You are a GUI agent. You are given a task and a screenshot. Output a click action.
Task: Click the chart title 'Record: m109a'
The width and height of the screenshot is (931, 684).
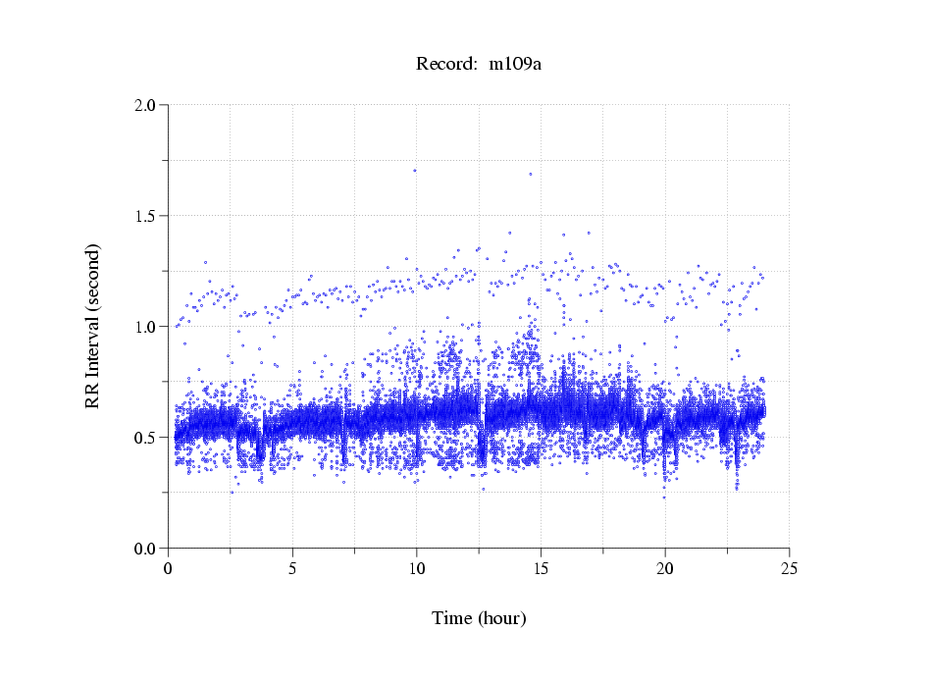tap(479, 65)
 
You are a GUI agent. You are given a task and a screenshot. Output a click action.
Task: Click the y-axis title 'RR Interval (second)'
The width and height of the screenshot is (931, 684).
tap(92, 326)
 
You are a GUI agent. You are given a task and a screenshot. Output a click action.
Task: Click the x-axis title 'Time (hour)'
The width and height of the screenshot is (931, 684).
tap(479, 618)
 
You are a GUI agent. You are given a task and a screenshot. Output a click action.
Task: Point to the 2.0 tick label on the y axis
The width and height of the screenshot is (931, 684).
tap(145, 105)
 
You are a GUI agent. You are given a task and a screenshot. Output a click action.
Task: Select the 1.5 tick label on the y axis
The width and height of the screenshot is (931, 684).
tap(145, 216)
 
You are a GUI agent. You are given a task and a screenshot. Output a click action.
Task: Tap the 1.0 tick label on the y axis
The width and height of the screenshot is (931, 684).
tap(145, 327)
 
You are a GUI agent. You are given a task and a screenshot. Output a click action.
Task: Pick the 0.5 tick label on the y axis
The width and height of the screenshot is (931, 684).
tap(145, 438)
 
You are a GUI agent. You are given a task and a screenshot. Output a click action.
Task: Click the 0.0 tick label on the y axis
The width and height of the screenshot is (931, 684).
tap(145, 549)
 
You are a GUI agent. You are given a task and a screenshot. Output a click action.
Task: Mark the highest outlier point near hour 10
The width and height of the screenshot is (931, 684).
tap(415, 170)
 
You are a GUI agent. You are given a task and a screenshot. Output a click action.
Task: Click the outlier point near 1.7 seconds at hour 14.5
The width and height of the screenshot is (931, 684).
tap(531, 174)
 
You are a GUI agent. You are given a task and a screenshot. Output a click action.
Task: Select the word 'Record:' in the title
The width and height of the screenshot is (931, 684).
tap(445, 65)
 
